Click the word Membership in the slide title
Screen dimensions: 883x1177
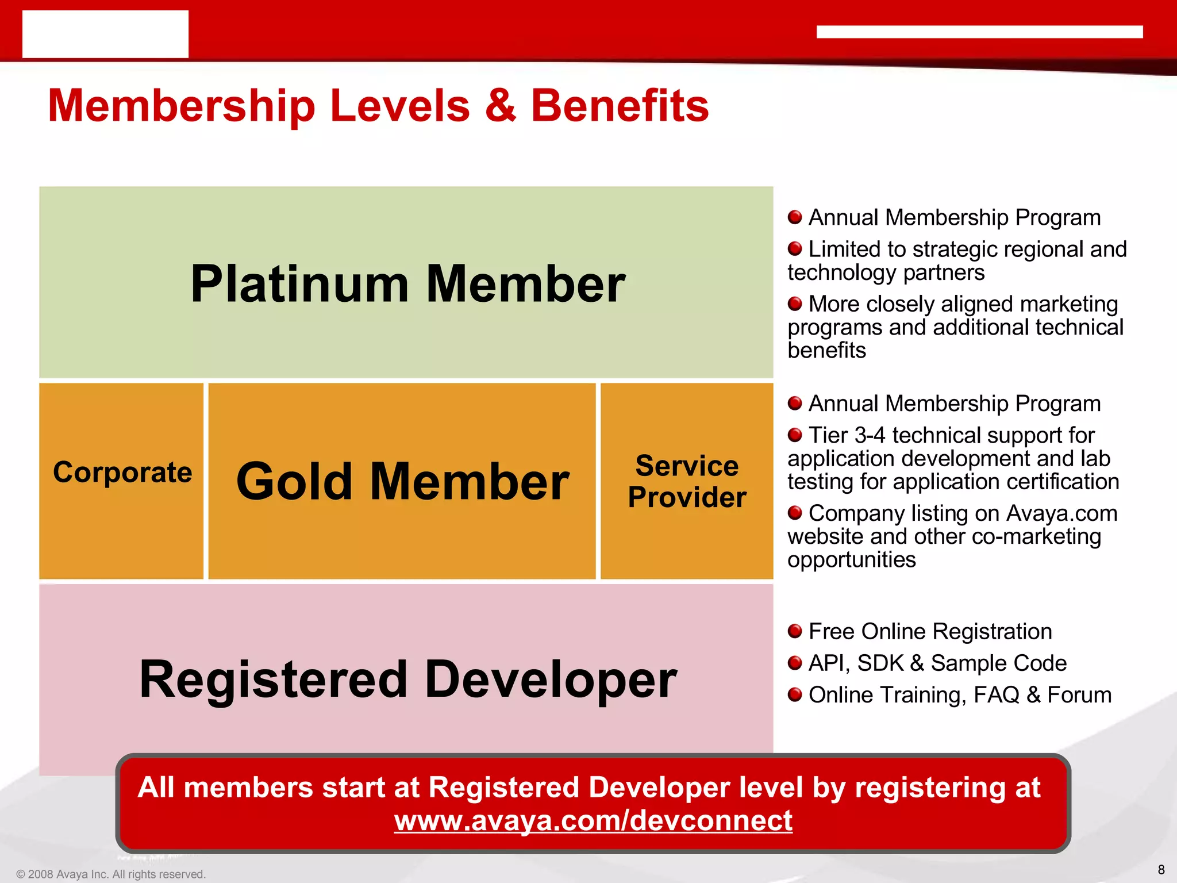tap(182, 107)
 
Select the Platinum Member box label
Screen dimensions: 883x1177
tap(407, 284)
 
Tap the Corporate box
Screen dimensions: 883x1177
tap(122, 473)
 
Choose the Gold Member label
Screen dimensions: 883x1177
tap(402, 482)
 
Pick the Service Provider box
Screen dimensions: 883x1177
tap(687, 482)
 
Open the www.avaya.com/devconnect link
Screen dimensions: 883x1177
tap(593, 820)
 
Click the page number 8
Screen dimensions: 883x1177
tap(1161, 870)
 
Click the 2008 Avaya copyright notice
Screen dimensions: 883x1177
tap(111, 874)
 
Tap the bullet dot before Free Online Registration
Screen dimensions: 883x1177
tap(795, 631)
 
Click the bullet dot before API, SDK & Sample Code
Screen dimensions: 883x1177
tap(795, 663)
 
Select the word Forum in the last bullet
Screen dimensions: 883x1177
tap(1079, 695)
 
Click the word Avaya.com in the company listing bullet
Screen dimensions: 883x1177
tap(1062, 513)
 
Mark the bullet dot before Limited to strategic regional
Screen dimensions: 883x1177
tap(795, 249)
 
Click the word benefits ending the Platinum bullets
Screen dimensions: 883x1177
tap(826, 350)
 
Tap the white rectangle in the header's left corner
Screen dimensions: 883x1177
tap(105, 34)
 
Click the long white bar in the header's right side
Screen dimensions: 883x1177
tap(979, 32)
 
